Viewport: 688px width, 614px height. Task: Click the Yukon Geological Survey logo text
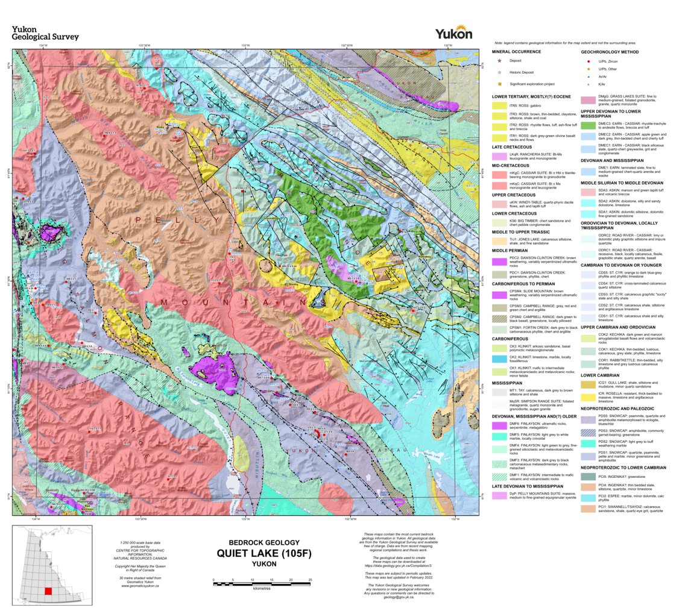pos(45,33)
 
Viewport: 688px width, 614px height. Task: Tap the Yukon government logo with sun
pos(453,33)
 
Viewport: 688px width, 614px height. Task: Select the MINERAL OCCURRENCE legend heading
pos(516,52)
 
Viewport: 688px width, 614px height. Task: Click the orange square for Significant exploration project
pos(499,84)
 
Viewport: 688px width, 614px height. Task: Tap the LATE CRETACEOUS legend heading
pos(511,146)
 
